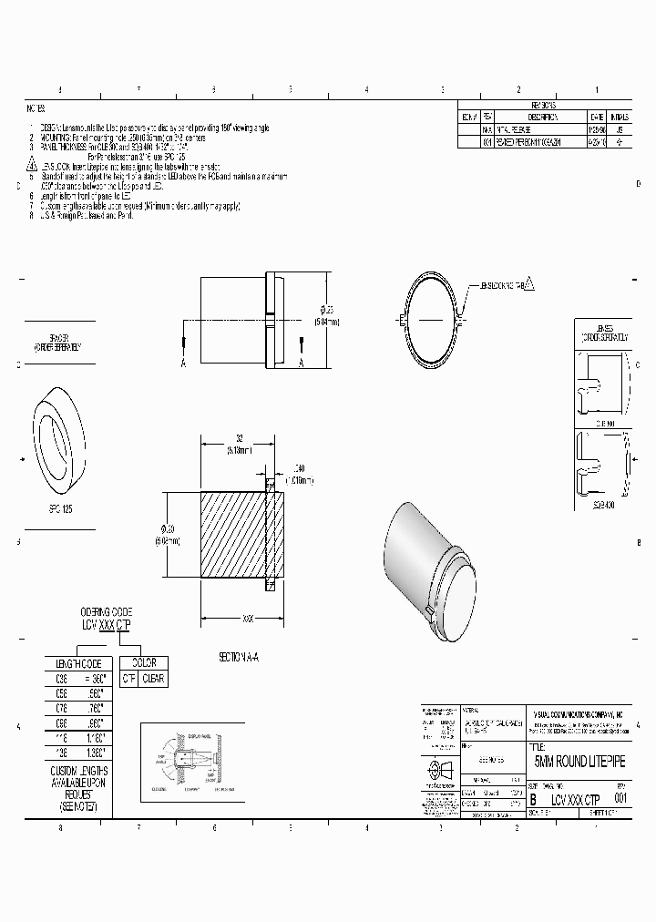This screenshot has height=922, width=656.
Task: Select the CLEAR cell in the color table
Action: (x=152, y=680)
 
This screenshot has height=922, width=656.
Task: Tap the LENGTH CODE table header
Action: (x=78, y=663)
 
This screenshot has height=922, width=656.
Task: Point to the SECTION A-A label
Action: (x=239, y=656)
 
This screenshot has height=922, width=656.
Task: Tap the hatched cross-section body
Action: (x=233, y=536)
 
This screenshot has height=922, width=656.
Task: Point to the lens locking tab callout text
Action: (x=502, y=285)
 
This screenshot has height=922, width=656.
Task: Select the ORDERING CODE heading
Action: (x=106, y=610)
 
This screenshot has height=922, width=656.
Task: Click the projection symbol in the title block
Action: (x=438, y=766)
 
